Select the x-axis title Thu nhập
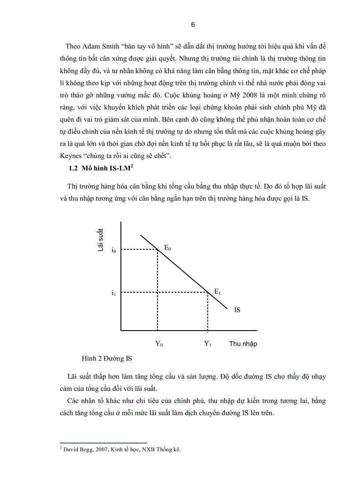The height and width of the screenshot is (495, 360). point(243,344)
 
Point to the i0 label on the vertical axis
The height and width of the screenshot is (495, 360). point(114,250)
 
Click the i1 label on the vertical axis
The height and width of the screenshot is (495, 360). point(114,292)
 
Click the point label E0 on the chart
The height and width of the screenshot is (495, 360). point(168,248)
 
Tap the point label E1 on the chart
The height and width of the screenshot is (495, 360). point(217,291)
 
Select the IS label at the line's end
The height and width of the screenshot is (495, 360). point(237,310)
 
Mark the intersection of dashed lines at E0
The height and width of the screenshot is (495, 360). point(158,249)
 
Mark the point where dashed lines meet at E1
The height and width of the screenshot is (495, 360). point(208,292)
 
